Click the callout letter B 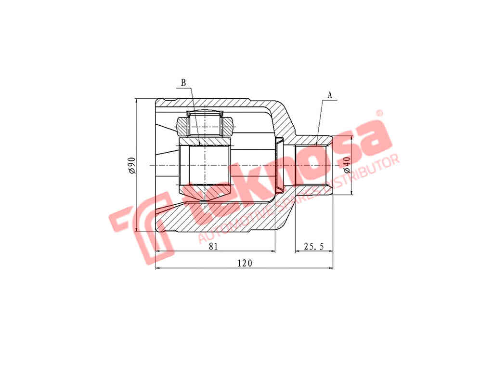(x=183, y=83)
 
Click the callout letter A (x=330, y=95)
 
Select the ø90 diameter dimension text (x=131, y=165)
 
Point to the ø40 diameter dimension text (x=347, y=165)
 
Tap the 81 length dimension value (x=213, y=246)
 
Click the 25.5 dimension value (x=314, y=246)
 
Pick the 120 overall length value (x=245, y=263)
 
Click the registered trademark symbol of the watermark (x=379, y=113)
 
